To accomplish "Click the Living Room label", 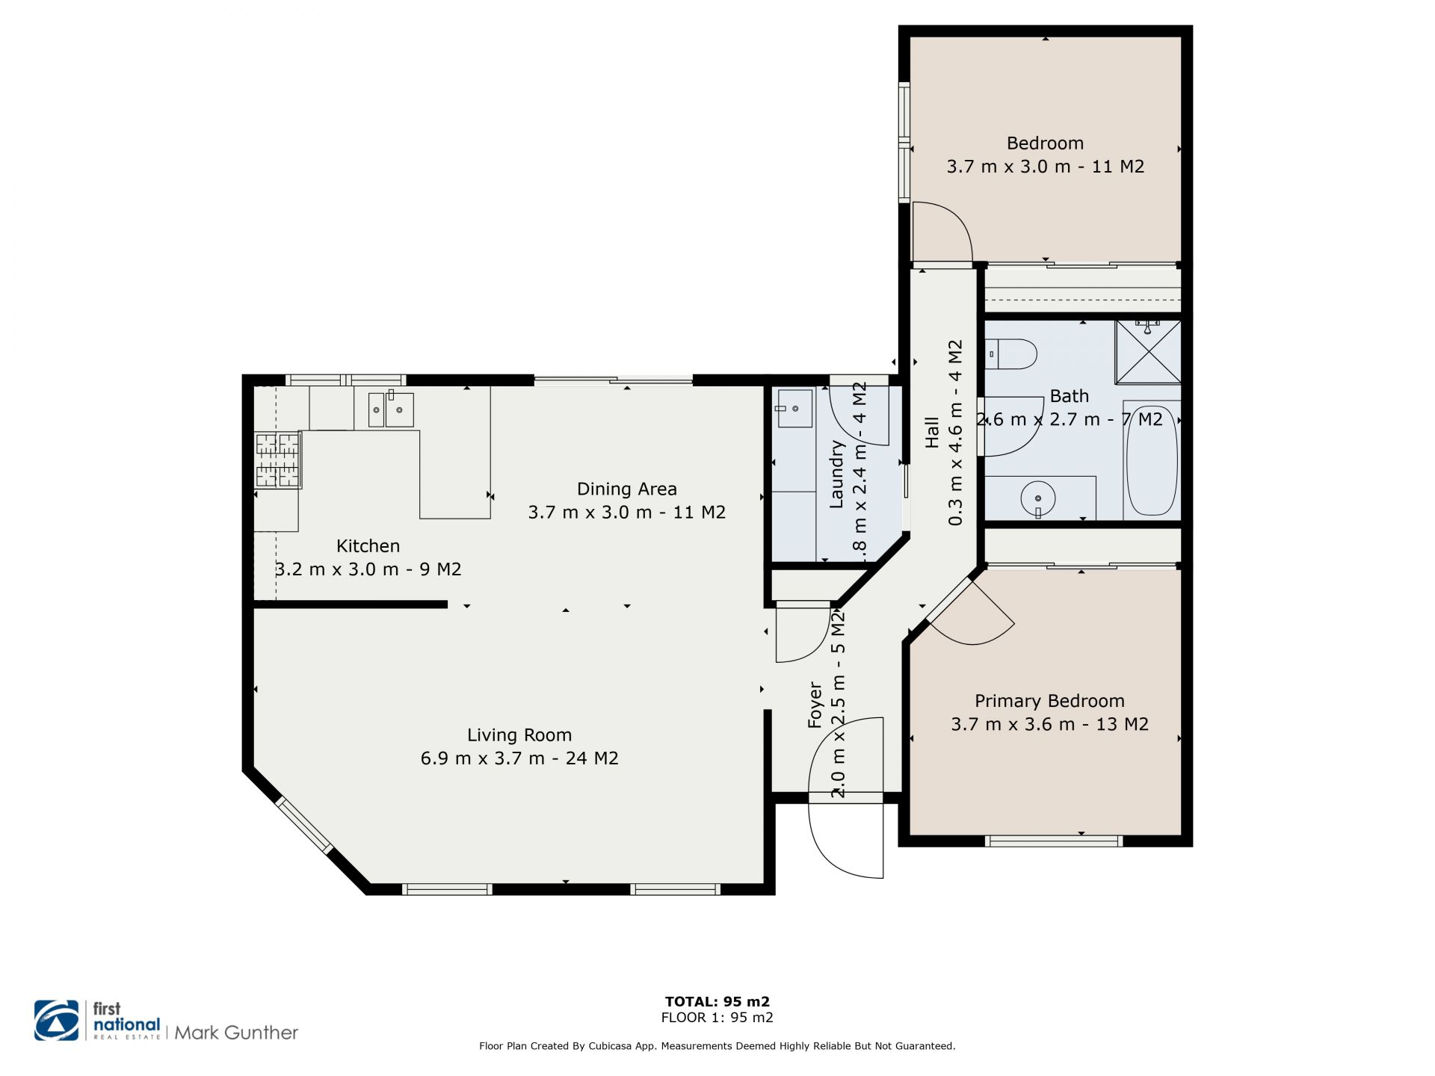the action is [519, 735].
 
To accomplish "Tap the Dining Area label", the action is [627, 489].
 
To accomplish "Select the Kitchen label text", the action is [368, 546].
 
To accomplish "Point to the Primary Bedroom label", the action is [1049, 701].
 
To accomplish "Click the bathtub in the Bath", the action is [1152, 460].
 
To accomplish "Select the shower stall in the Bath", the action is [1148, 352].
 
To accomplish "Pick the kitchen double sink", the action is [390, 409].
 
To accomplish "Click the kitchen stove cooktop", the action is [278, 459].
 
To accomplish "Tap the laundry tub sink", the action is [794, 408].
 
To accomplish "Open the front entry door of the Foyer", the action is [846, 797].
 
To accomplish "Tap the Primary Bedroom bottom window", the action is [1054, 841].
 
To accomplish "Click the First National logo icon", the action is [57, 1020].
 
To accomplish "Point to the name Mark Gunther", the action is [236, 1033].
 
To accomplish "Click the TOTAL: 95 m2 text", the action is [717, 1001].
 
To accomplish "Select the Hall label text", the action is [932, 433].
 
